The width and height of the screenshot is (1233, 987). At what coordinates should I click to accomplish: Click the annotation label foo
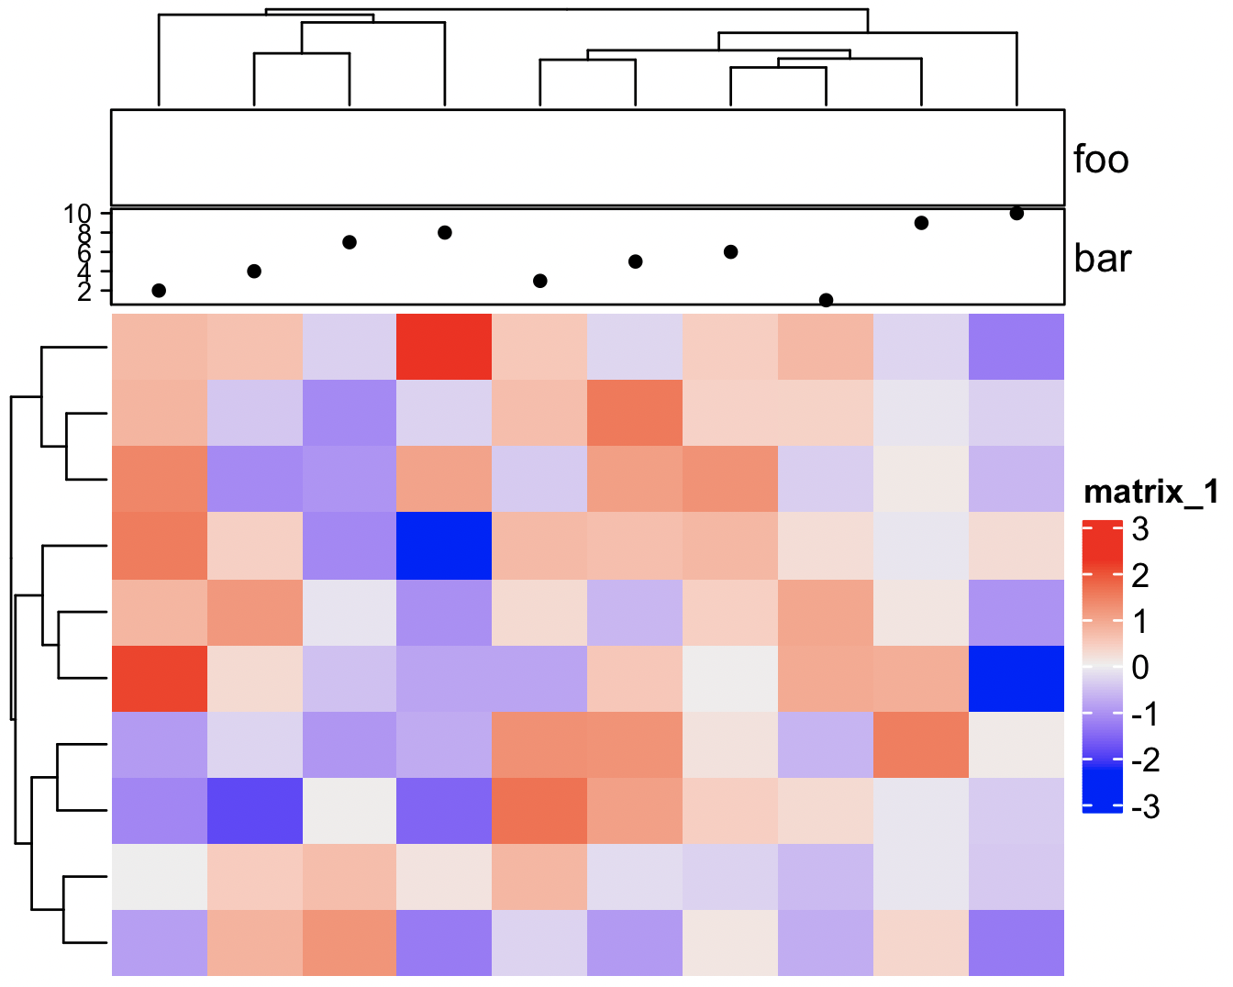tap(1101, 160)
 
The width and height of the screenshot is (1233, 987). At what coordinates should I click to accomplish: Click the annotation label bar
tap(1102, 259)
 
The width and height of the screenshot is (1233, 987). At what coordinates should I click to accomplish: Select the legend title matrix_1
tap(1150, 493)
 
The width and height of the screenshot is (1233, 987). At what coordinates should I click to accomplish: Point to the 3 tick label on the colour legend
tap(1139, 529)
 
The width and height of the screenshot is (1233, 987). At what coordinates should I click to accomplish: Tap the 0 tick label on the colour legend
tap(1139, 668)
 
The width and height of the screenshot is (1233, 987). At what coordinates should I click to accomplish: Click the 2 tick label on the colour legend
tap(1139, 576)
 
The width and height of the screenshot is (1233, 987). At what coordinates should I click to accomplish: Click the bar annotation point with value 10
tap(1016, 213)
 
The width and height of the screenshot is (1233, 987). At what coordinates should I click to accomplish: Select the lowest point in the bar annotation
tap(826, 300)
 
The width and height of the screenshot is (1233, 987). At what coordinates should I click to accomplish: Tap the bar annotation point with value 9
tap(921, 223)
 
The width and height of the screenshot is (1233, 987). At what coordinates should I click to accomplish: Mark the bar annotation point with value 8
tap(445, 232)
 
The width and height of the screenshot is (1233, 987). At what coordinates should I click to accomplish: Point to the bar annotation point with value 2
tap(159, 291)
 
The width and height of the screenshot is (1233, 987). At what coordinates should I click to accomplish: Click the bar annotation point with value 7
tap(350, 242)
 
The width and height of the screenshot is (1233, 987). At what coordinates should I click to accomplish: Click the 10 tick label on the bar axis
tap(78, 214)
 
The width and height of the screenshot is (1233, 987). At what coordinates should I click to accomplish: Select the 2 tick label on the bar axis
tap(84, 292)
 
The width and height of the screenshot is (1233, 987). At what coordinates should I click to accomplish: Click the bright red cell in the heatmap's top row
tap(444, 347)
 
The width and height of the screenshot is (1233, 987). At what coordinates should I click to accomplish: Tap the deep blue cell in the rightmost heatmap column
tap(1016, 678)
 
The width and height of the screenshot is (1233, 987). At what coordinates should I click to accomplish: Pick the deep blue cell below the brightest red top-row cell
tap(444, 546)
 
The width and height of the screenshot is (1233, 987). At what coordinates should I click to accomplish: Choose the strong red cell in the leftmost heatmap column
tap(159, 678)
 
